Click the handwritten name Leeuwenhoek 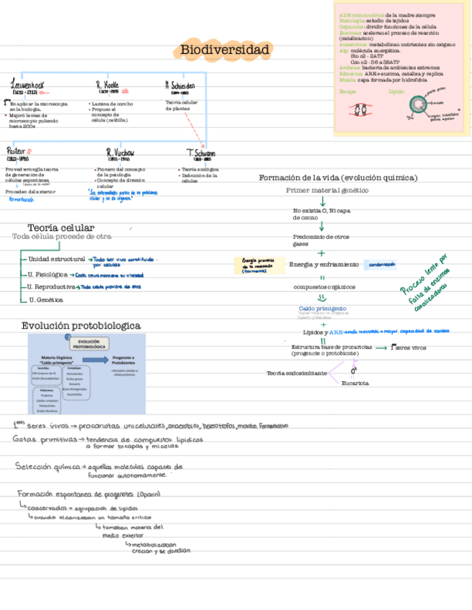coord(28,86)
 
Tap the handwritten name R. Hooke coord(107,86)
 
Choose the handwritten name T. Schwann coord(201,153)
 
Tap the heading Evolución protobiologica coord(80,326)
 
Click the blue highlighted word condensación coord(383,265)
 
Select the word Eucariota coord(355,383)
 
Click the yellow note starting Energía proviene coord(258,264)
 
